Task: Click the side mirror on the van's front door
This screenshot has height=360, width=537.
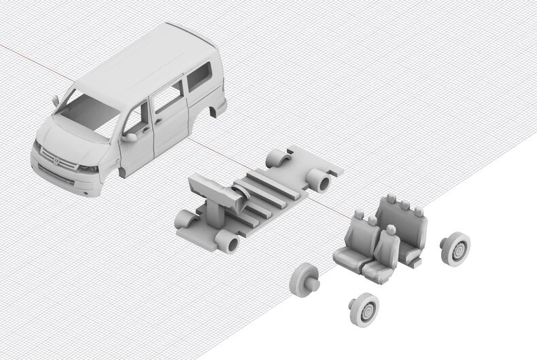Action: click(x=129, y=137)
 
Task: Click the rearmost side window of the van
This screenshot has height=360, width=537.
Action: click(x=199, y=76)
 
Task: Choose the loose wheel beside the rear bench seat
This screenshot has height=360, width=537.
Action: click(x=455, y=249)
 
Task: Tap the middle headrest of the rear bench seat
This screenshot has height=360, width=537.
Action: click(x=404, y=204)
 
